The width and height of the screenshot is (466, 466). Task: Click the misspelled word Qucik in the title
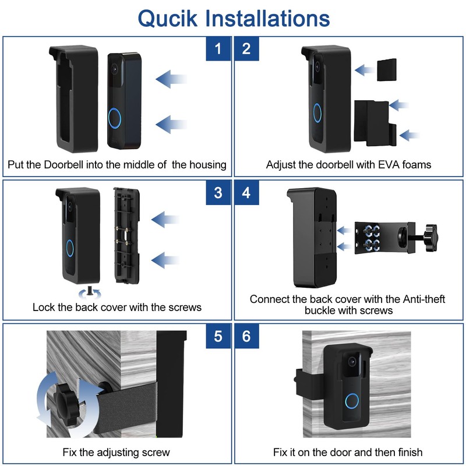pyautogui.click(x=168, y=19)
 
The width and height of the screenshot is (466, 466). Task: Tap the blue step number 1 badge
pyautogui.click(x=218, y=49)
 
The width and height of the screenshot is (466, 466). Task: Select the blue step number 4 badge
pyautogui.click(x=246, y=193)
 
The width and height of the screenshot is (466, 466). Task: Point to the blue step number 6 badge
pyautogui.click(x=246, y=336)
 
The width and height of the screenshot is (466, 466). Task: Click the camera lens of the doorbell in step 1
pyautogui.click(x=114, y=69)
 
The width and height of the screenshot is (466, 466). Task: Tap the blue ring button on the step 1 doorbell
pyautogui.click(x=114, y=118)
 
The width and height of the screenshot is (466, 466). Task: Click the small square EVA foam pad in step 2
pyautogui.click(x=387, y=70)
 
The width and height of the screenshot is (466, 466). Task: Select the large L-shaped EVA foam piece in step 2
pyautogui.click(x=375, y=123)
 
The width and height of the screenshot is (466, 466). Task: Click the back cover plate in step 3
pyautogui.click(x=126, y=235)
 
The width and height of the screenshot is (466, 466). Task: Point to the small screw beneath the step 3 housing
pyautogui.click(x=90, y=290)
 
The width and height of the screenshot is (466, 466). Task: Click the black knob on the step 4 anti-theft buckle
pyautogui.click(x=430, y=237)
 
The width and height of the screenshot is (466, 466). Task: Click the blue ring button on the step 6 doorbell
pyautogui.click(x=352, y=401)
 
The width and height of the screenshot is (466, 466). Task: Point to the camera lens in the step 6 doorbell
pyautogui.click(x=352, y=362)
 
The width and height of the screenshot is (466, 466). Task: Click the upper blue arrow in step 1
pyautogui.click(x=171, y=79)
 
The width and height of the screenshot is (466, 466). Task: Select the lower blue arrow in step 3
pyautogui.click(x=165, y=260)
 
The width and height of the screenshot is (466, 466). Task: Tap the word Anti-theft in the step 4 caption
pyautogui.click(x=424, y=299)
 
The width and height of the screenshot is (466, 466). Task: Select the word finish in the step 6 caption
pyautogui.click(x=411, y=452)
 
